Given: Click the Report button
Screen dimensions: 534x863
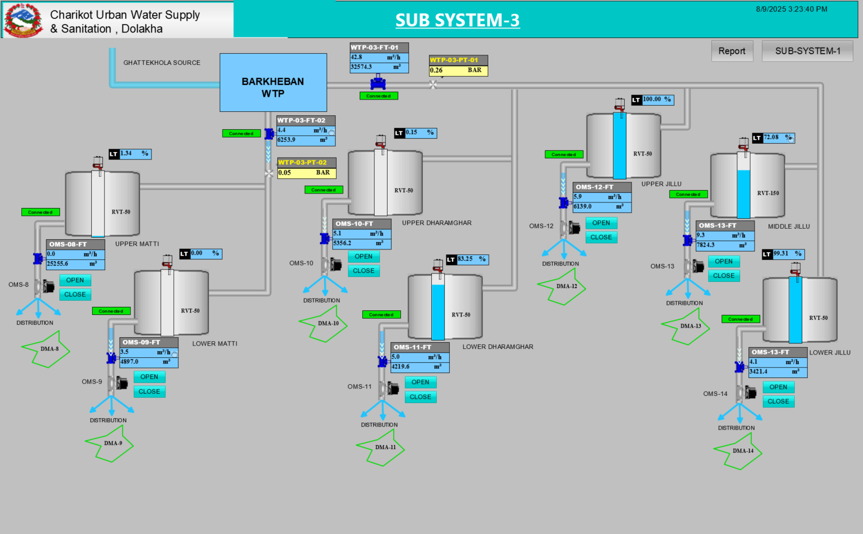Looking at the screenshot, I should tap(732, 51).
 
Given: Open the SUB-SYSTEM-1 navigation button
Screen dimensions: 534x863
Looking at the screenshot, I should tap(807, 51).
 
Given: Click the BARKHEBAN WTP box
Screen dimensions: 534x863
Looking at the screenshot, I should tap(273, 83).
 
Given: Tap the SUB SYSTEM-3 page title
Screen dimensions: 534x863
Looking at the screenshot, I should tap(457, 20).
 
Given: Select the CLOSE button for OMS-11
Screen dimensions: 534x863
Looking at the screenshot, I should tap(420, 397).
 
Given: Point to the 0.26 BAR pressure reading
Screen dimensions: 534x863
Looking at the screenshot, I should tap(458, 70).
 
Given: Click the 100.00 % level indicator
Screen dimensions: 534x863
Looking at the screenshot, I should tap(657, 100).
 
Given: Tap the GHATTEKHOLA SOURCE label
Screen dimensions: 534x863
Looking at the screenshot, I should tap(162, 63).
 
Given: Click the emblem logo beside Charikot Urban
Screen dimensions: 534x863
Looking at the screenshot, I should tap(23, 20).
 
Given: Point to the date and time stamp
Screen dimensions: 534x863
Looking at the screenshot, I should tap(791, 9).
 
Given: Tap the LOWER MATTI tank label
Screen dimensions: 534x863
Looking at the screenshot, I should tap(215, 344).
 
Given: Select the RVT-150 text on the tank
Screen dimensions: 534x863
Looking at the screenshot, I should tap(767, 193).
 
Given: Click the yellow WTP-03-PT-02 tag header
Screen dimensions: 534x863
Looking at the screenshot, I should tap(306, 163).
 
